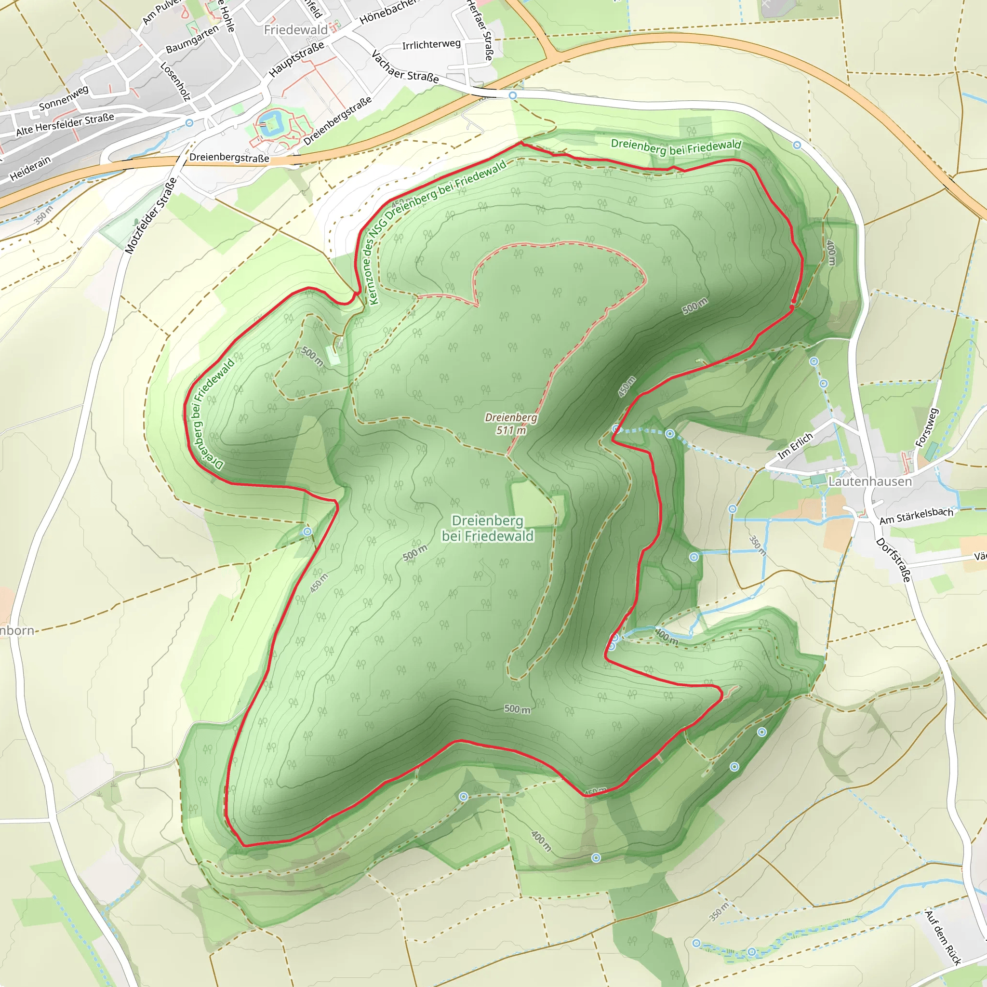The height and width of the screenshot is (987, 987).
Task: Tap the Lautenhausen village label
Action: point(869,481)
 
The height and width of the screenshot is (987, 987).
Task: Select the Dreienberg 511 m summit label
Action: point(511,424)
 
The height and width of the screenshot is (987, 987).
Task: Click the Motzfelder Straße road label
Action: point(151,215)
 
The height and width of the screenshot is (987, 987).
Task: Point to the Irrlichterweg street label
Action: point(431,44)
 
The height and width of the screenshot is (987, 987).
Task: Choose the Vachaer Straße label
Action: point(405,67)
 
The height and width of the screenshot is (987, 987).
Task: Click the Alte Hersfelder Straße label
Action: point(65,125)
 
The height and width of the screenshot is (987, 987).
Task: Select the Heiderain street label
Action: point(30,168)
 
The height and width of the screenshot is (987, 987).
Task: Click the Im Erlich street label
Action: point(795,445)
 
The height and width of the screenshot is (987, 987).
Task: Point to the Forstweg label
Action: point(926,427)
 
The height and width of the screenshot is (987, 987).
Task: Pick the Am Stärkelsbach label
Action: point(916,516)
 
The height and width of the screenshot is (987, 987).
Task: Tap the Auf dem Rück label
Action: point(943,937)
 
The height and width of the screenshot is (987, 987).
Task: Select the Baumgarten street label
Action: point(192,39)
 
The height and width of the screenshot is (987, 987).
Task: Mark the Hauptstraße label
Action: point(296,59)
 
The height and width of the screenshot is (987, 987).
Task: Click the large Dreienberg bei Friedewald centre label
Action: point(487,528)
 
